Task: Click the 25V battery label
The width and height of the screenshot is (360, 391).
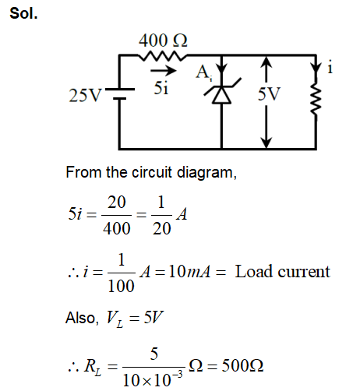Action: (85, 98)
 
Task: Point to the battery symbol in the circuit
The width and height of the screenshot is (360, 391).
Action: (118, 98)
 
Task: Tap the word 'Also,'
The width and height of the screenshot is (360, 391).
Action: (82, 318)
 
